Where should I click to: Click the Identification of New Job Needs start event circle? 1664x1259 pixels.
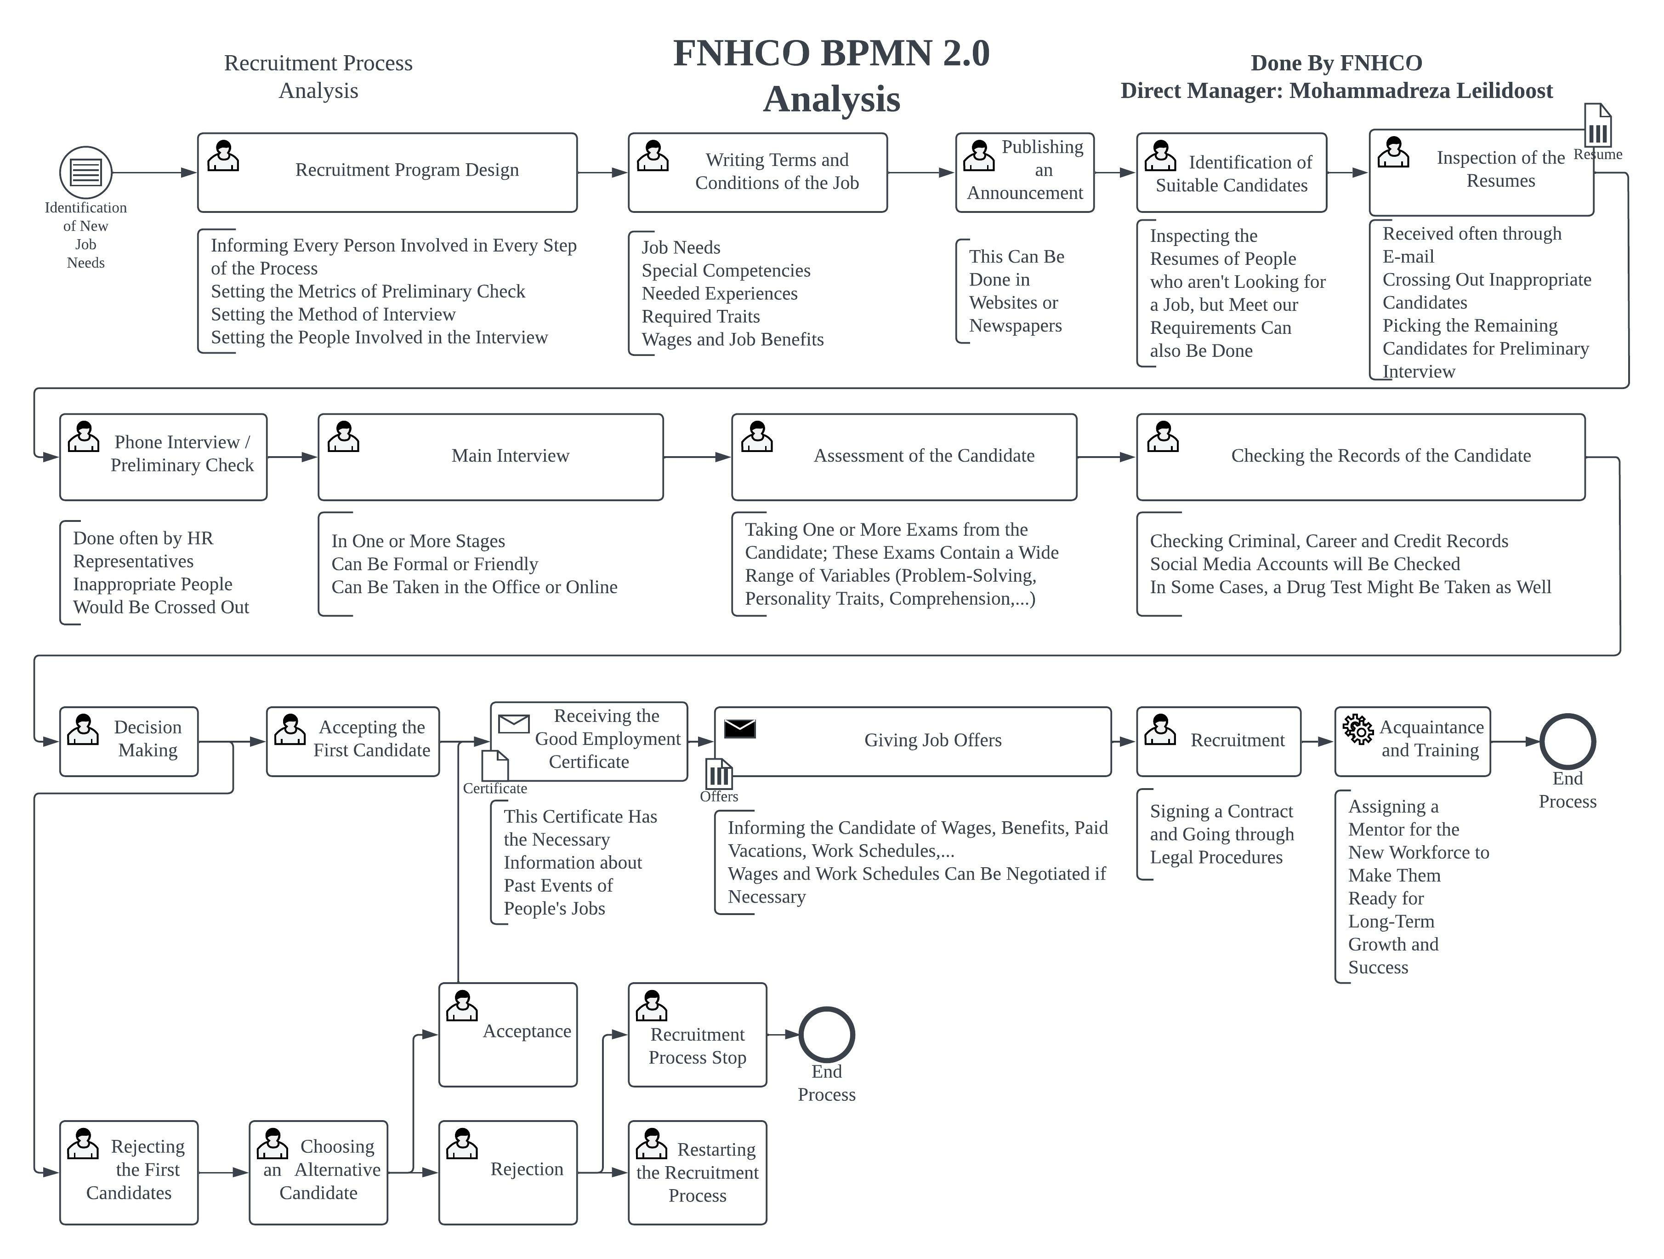click(86, 172)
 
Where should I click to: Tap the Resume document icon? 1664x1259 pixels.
click(1598, 126)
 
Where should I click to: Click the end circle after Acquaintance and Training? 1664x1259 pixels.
click(1567, 741)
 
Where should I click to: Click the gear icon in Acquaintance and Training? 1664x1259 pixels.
click(1358, 728)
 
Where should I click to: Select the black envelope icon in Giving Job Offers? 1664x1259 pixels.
click(739, 728)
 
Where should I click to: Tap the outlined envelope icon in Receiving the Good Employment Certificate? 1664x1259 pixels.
click(514, 723)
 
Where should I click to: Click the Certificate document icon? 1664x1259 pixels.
click(495, 765)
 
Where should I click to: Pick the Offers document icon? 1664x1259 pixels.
click(719, 773)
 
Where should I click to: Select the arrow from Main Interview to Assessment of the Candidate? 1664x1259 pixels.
click(697, 457)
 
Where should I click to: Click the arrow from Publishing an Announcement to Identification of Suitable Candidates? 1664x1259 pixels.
click(1115, 172)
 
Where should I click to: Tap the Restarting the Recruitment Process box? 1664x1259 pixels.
click(697, 1172)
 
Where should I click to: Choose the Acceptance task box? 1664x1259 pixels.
click(508, 1034)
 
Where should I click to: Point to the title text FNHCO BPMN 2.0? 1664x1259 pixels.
click(831, 53)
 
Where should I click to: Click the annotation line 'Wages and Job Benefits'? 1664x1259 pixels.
click(732, 339)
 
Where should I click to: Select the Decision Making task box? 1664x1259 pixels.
click(129, 741)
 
